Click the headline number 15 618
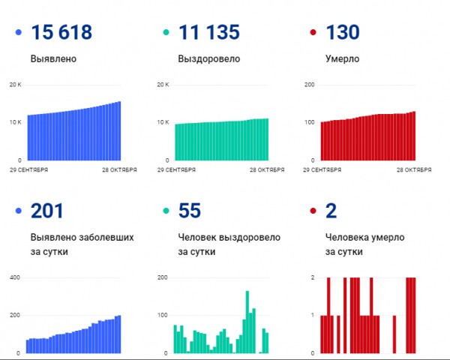pos(61,33)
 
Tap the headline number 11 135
pos(209,33)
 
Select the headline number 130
pos(343,33)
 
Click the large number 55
pos(191,211)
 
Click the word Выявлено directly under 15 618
pos(53,58)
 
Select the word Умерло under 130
pos(343,58)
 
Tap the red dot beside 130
pos(313,33)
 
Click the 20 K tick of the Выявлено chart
pos(15,85)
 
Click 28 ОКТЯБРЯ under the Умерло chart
pos(412,170)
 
